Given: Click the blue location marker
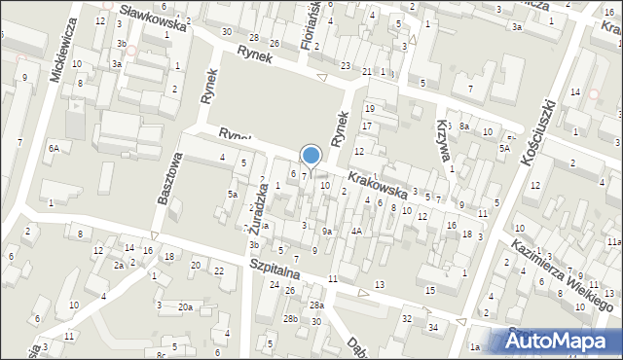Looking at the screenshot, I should [311, 156].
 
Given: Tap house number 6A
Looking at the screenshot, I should [55, 148].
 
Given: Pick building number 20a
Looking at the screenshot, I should [184, 306].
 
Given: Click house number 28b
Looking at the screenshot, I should [289, 319].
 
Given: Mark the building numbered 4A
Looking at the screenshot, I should [357, 231].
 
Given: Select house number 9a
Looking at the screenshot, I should [328, 231].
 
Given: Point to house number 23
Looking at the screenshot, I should [346, 65].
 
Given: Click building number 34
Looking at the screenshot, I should [433, 326].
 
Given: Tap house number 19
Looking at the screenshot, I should [369, 108].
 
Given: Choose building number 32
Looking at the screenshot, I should [407, 318].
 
